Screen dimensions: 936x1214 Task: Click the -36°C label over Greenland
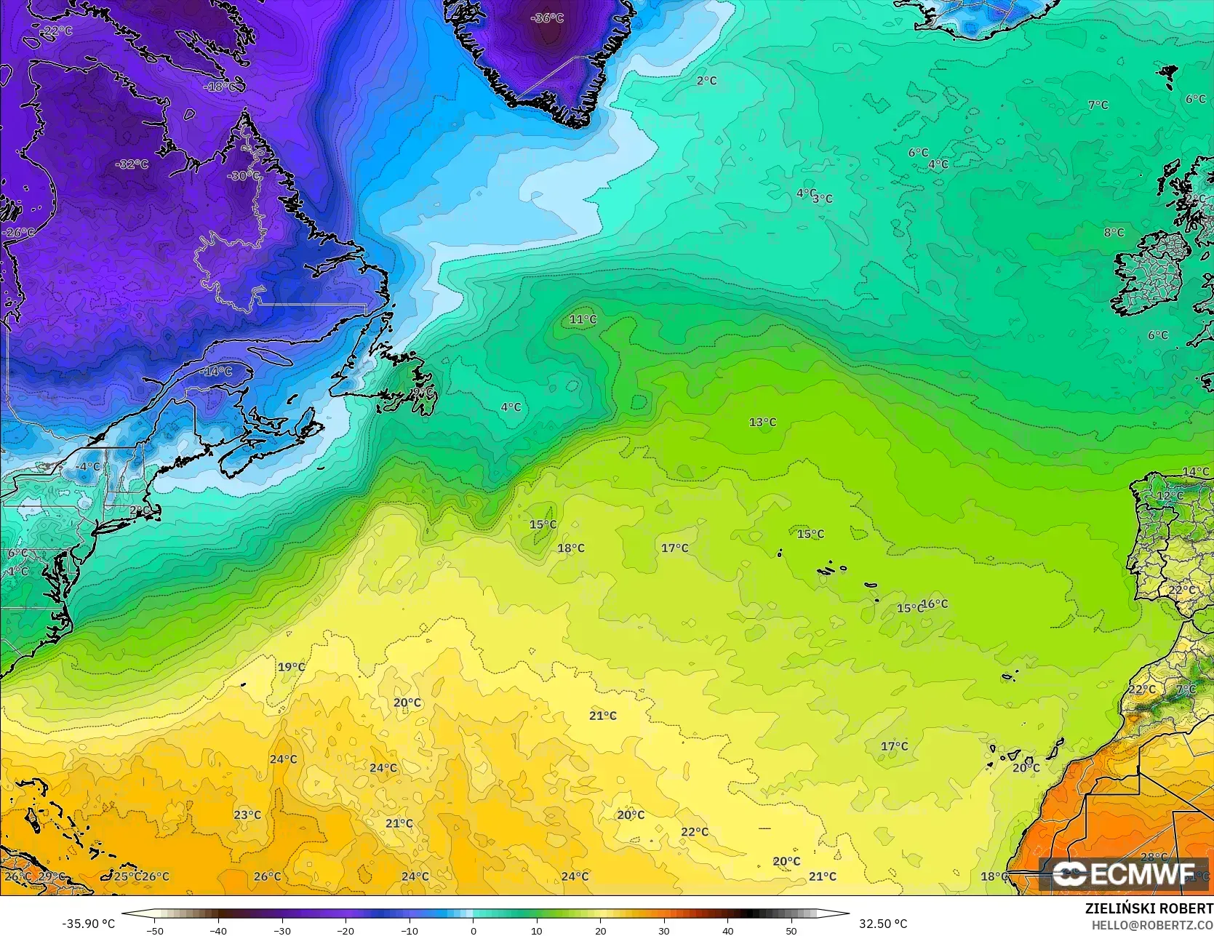[547, 18]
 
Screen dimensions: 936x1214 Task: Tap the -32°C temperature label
[131, 164]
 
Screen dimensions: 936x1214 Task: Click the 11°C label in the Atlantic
[583, 319]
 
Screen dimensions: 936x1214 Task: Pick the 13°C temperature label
[762, 422]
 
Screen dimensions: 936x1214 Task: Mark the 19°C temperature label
[291, 667]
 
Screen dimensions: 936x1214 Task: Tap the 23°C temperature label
[247, 815]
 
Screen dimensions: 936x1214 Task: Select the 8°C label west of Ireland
[1114, 233]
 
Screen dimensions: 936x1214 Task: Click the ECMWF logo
[1126, 873]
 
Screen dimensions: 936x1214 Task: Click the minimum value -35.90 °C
[88, 924]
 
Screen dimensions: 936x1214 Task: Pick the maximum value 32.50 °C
[883, 924]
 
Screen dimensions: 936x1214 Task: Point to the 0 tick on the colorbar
[473, 930]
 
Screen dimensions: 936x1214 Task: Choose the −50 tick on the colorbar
[154, 930]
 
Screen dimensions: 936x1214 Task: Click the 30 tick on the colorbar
[664, 930]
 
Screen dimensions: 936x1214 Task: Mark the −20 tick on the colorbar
[346, 930]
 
